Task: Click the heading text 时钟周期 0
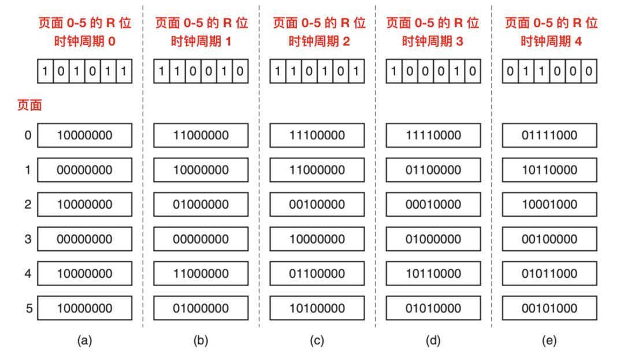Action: [85, 41]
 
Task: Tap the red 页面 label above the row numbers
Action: [24, 105]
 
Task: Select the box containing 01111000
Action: [549, 135]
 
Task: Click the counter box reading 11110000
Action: [433, 135]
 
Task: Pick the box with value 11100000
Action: [317, 135]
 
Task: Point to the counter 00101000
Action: [549, 309]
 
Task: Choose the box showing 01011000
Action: [549, 274]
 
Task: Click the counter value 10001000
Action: [549, 205]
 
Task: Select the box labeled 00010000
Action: [433, 205]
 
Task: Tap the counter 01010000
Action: [433, 309]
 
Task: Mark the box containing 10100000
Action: [317, 309]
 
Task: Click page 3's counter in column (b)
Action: [200, 239]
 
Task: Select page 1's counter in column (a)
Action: [84, 170]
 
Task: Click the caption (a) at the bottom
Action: [84, 341]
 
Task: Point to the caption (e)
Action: [549, 341]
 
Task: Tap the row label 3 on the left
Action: [27, 239]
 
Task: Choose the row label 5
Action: [27, 309]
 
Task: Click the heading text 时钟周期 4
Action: [549, 41]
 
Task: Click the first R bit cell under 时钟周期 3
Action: [394, 72]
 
